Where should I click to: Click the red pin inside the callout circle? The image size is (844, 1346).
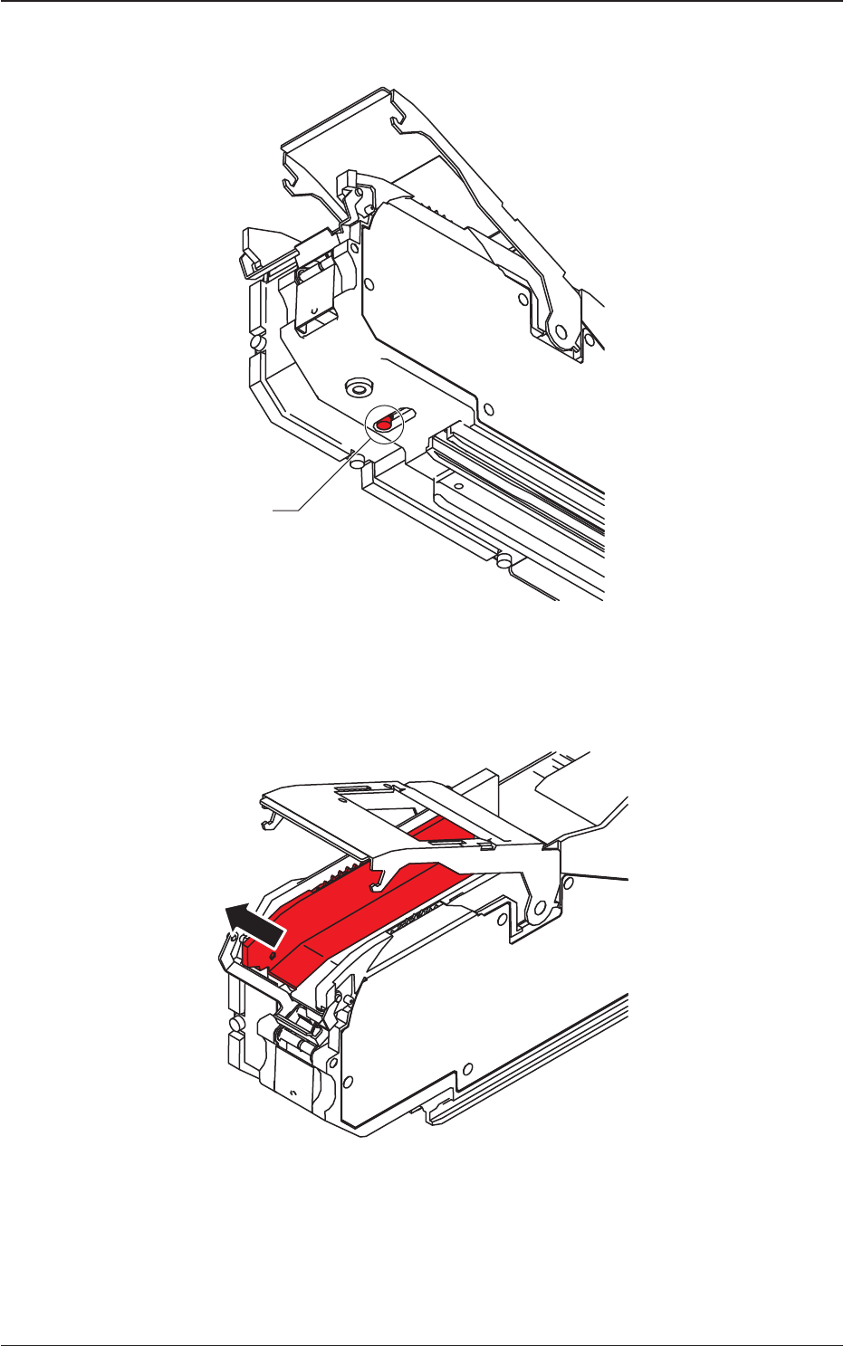[x=384, y=422]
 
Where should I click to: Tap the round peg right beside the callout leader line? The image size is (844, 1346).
[x=357, y=461]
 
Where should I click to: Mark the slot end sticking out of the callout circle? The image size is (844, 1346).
[x=410, y=413]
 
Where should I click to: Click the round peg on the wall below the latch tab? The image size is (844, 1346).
[x=258, y=344]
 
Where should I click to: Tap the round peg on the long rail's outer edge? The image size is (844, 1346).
[x=500, y=561]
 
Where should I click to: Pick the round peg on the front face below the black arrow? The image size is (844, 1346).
[x=235, y=1023]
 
